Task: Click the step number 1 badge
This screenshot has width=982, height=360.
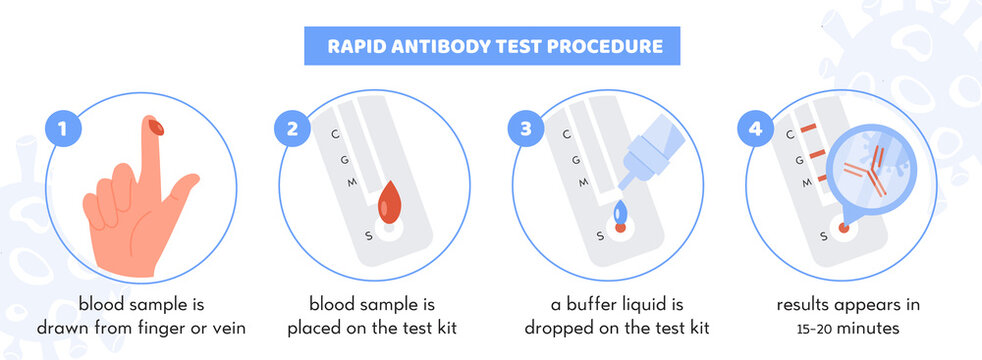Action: pyautogui.click(x=62, y=129)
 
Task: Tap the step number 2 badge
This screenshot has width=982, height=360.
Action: pyautogui.click(x=292, y=129)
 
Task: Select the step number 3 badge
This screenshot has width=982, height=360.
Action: pyautogui.click(x=526, y=129)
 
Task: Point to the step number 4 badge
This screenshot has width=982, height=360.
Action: pyautogui.click(x=756, y=129)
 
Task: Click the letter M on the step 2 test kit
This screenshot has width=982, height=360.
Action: pyautogui.click(x=350, y=182)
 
